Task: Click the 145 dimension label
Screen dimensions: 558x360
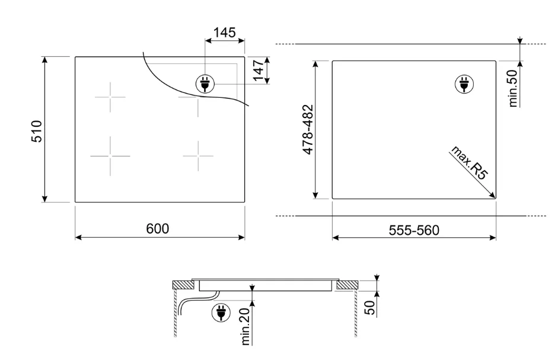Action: click(225, 33)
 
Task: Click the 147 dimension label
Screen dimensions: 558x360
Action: click(259, 71)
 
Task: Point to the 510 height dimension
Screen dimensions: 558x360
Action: click(37, 131)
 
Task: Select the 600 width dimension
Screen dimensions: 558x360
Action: click(158, 228)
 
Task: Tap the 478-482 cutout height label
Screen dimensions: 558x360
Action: click(308, 129)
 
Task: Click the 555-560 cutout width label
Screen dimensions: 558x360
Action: click(414, 230)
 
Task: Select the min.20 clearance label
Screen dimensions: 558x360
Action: click(246, 327)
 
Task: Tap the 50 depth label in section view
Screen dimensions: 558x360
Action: click(370, 308)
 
